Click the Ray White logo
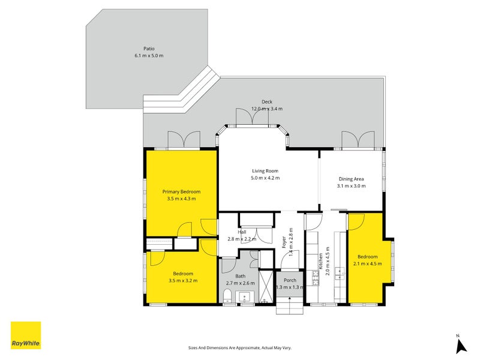(26, 335)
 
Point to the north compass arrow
(461, 347)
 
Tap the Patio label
(149, 49)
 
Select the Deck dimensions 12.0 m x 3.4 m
(267, 109)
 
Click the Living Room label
(265, 171)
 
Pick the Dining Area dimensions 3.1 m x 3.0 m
(352, 186)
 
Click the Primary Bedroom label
(182, 191)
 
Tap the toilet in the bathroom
(227, 296)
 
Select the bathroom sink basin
(245, 297)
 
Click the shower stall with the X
(265, 286)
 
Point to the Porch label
(290, 280)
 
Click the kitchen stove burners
(316, 278)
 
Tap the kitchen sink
(340, 274)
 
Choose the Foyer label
(284, 242)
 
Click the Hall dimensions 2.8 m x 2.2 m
(242, 239)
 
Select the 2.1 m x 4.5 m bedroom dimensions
(368, 263)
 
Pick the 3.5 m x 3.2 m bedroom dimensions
(183, 280)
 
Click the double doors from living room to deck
(253, 118)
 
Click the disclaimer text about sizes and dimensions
(239, 348)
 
